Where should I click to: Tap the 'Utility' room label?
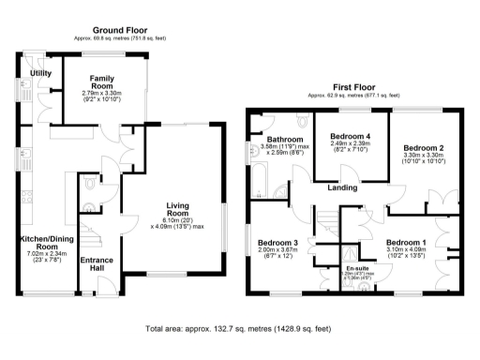pos(40,72)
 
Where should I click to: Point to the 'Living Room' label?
pos(177,210)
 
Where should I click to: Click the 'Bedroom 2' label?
pos(423,147)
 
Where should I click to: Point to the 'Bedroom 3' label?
pos(277,242)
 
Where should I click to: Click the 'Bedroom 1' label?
pos(406,243)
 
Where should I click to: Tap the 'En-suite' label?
pos(356,269)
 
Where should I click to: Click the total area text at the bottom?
pos(239,330)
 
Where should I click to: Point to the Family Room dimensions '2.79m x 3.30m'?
pos(102,94)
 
